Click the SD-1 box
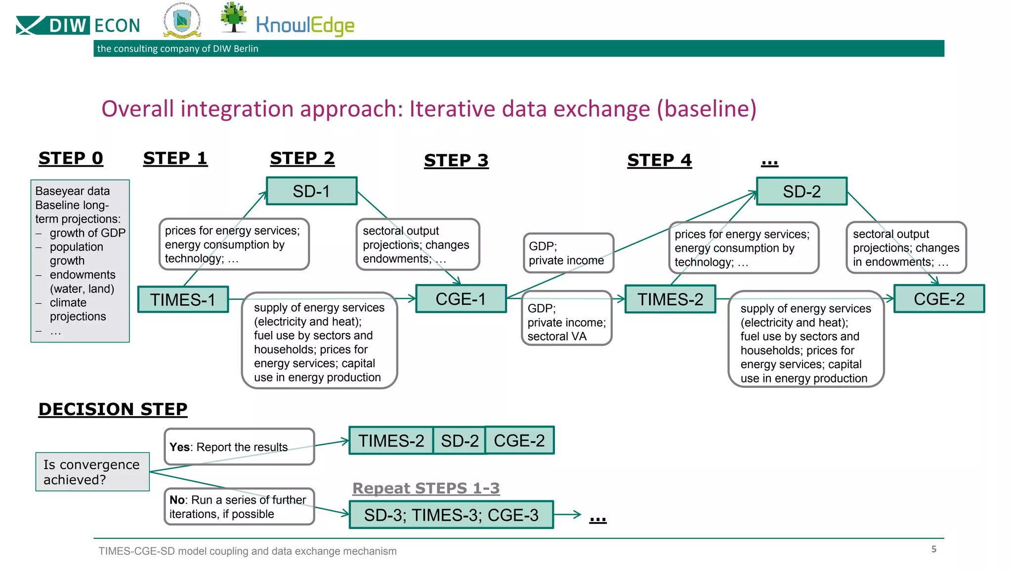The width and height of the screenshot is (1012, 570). tap(311, 191)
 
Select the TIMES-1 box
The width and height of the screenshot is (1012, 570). tap(183, 299)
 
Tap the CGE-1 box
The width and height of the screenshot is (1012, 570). tap(461, 299)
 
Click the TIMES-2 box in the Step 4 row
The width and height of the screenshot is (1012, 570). tap(670, 299)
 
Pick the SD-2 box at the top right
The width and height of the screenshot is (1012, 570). tap(801, 191)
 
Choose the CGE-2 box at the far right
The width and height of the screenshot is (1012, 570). tap(939, 299)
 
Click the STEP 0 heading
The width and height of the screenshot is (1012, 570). tap(71, 158)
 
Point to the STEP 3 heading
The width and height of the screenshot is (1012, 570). tap(456, 160)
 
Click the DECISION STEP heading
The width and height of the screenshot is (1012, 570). tap(113, 409)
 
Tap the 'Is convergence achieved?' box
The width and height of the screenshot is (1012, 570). tap(92, 472)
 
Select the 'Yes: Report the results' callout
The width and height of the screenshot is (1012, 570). tap(239, 447)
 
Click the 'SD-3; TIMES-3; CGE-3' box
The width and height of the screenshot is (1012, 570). tap(451, 515)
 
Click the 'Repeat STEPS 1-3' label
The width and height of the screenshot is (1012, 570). tap(426, 488)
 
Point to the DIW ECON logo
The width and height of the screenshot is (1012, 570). tap(78, 25)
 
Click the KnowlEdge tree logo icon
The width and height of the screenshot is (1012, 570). tap(234, 17)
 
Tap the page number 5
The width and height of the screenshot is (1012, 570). tap(933, 549)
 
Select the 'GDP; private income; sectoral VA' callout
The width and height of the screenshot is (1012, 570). tap(566, 322)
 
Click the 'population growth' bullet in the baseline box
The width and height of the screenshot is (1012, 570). tap(77, 253)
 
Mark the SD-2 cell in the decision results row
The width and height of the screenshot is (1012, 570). tap(460, 440)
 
